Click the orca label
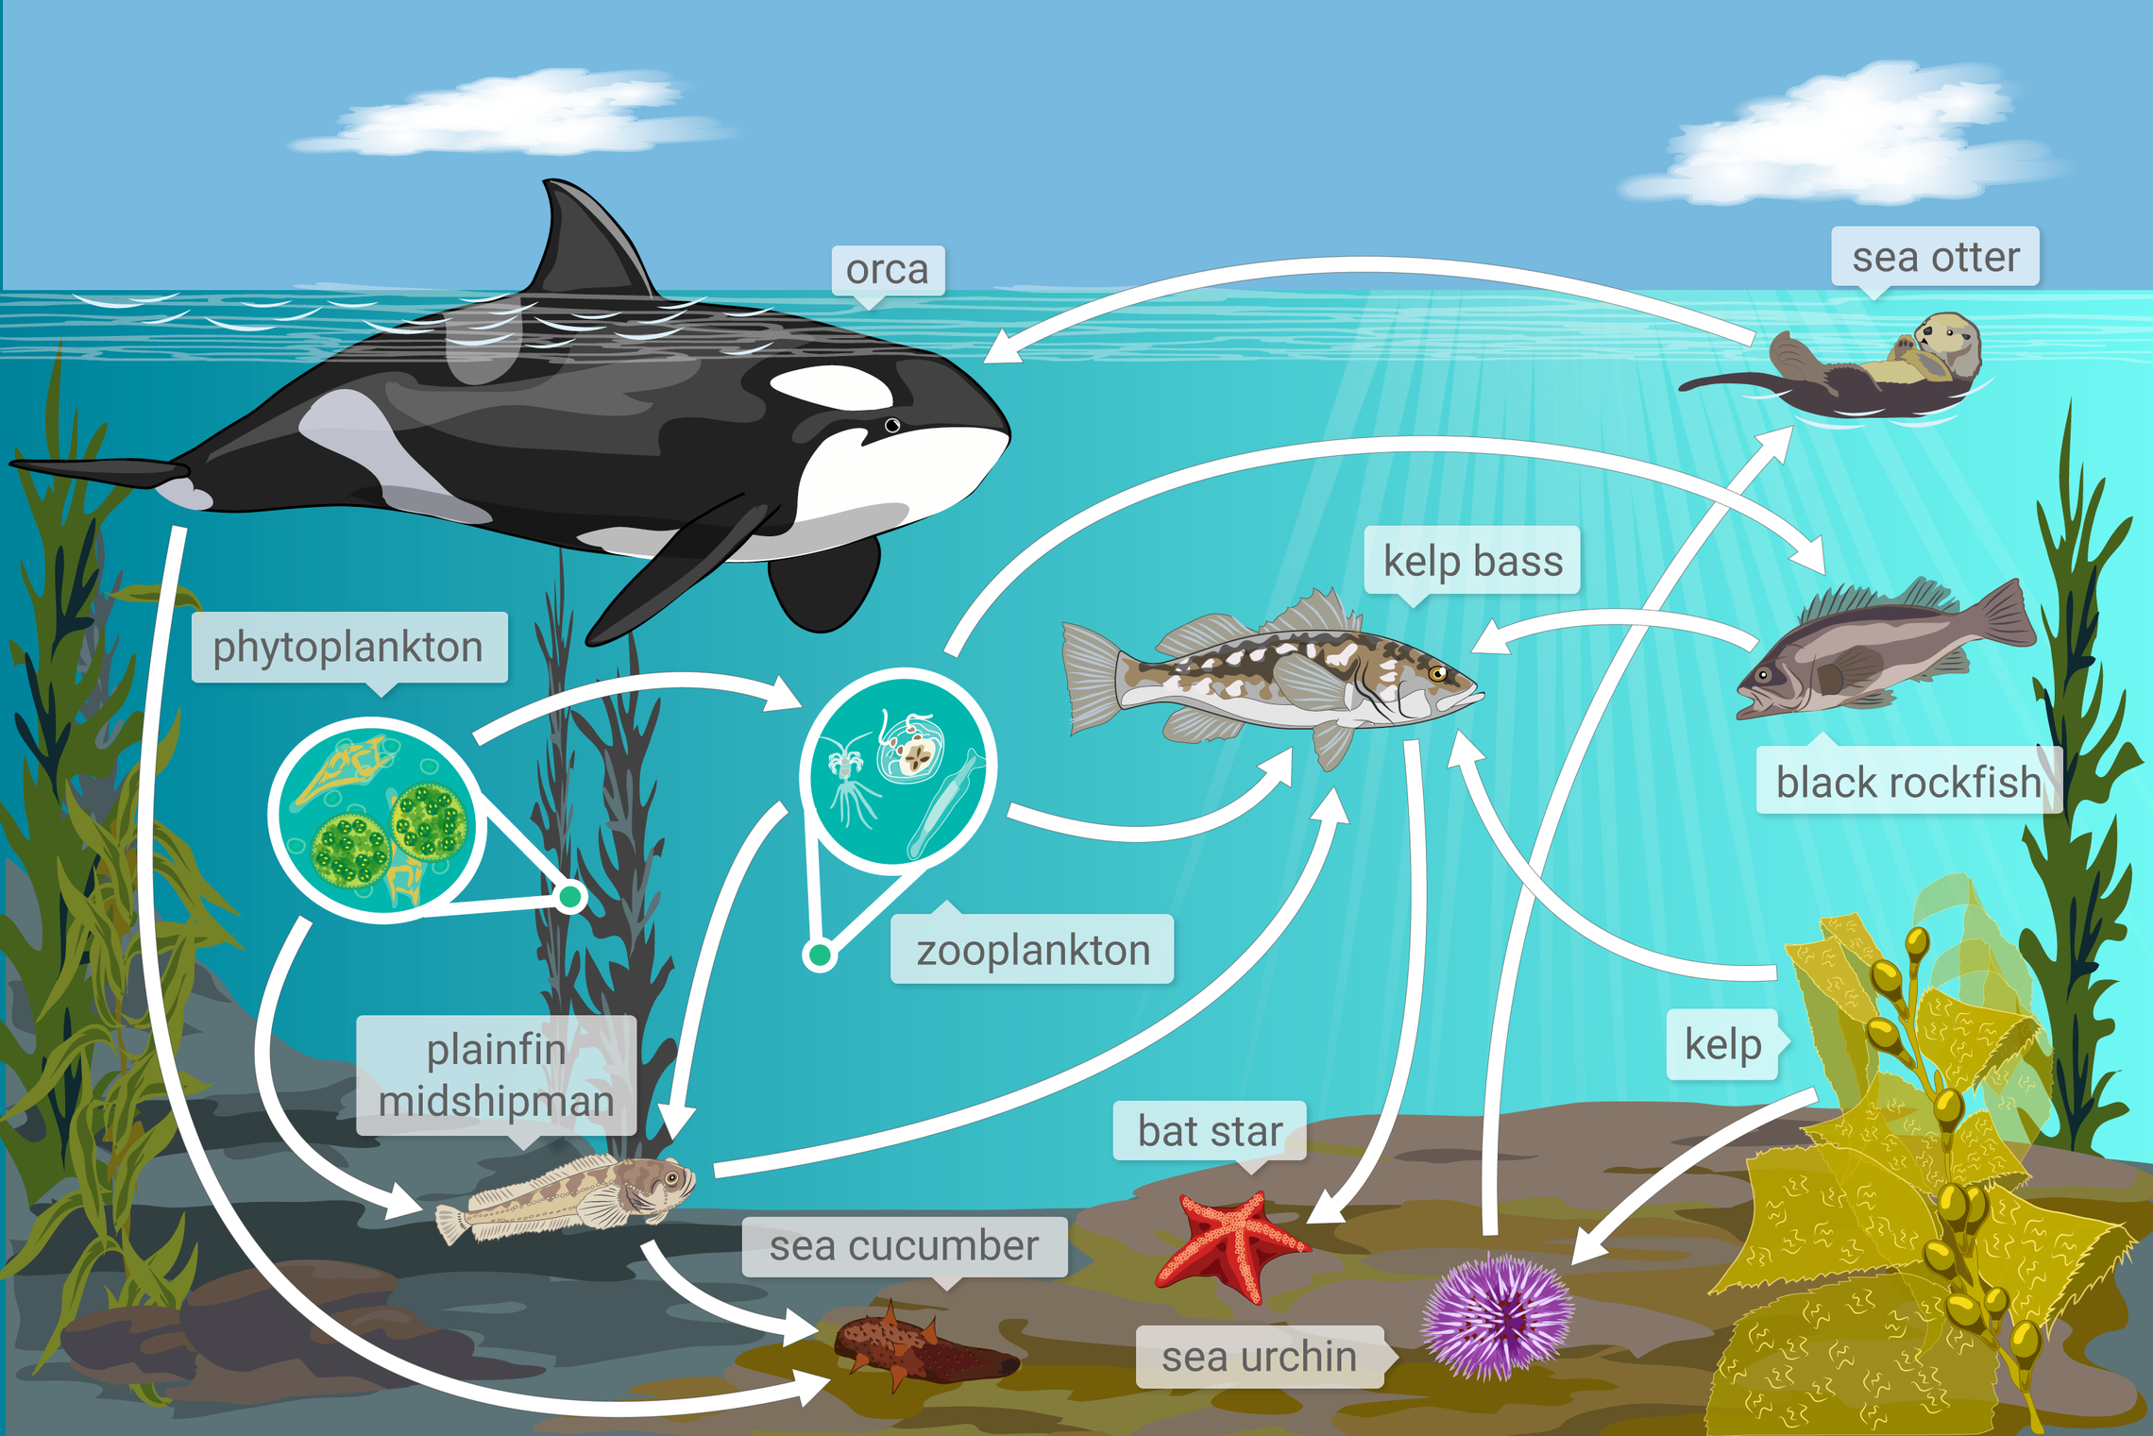(887, 271)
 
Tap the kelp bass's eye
(1437, 673)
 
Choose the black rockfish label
(1907, 782)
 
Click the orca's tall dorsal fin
(590, 241)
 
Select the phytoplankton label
(348, 648)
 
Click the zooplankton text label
(1032, 950)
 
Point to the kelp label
(1722, 1044)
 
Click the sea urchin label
(1259, 1357)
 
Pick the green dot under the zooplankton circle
(820, 955)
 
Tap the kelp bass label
(1472, 561)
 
